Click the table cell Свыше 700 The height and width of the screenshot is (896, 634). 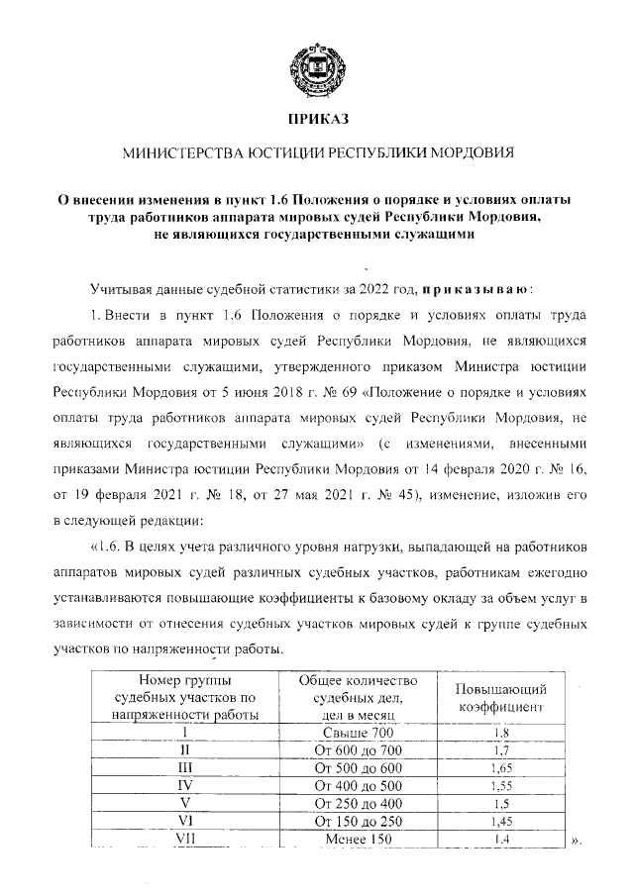(358, 733)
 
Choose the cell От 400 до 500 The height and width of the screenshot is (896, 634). (358, 786)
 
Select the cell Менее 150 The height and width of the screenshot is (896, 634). (358, 840)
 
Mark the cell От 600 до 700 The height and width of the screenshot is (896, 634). (358, 750)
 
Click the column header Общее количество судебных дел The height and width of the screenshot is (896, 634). (358, 697)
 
